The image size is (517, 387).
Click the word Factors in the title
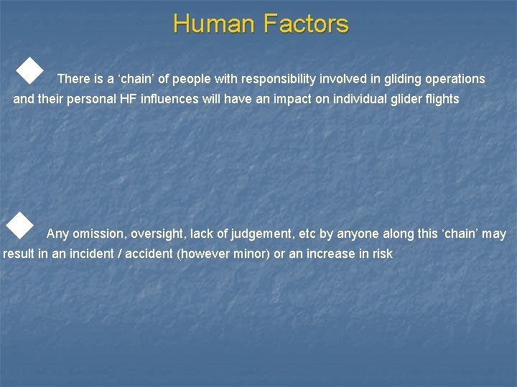[305, 24]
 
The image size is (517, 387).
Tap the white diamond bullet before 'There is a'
[29, 71]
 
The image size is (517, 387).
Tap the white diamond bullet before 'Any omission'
[19, 225]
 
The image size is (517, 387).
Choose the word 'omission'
[97, 234]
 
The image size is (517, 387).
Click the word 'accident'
[149, 254]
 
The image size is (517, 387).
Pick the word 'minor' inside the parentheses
[251, 254]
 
